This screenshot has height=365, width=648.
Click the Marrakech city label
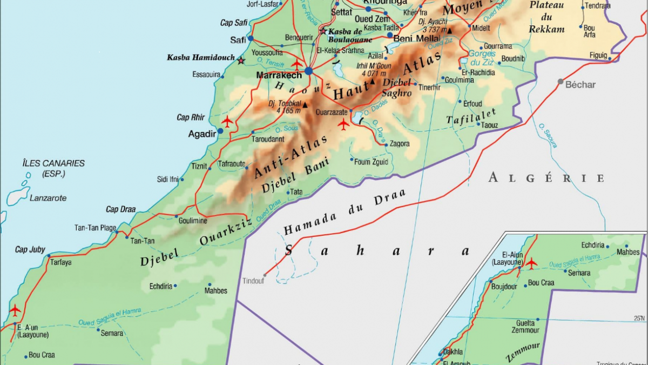click(x=279, y=75)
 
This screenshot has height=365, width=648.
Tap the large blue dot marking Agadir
click(x=220, y=131)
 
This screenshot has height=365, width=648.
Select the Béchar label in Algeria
click(x=580, y=84)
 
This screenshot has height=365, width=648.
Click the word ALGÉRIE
click(x=546, y=178)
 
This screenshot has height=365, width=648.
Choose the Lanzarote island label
click(x=48, y=198)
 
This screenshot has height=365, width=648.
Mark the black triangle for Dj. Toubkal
click(x=305, y=105)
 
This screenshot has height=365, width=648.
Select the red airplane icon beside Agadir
click(x=227, y=121)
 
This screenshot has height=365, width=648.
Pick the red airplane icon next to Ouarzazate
click(x=343, y=124)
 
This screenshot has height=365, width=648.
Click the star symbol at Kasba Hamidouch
click(x=241, y=60)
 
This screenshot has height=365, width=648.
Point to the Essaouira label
click(x=206, y=75)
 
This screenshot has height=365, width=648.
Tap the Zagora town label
click(x=399, y=144)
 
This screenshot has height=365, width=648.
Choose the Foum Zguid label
click(x=372, y=161)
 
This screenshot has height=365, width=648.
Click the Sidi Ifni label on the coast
click(x=167, y=179)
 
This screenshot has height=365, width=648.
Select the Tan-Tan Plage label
click(x=95, y=228)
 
